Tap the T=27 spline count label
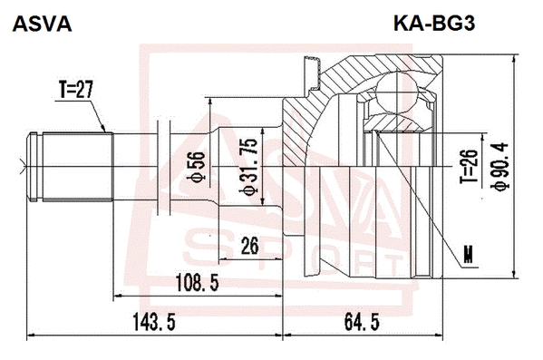(x=76, y=92)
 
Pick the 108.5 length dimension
(x=198, y=283)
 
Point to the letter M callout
(x=468, y=255)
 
